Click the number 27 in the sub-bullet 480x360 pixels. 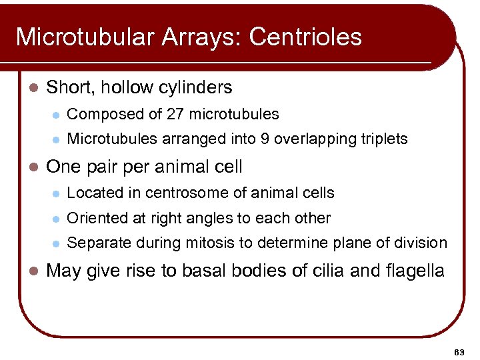[175, 115]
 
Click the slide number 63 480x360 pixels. [458, 351]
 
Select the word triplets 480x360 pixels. [383, 139]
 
